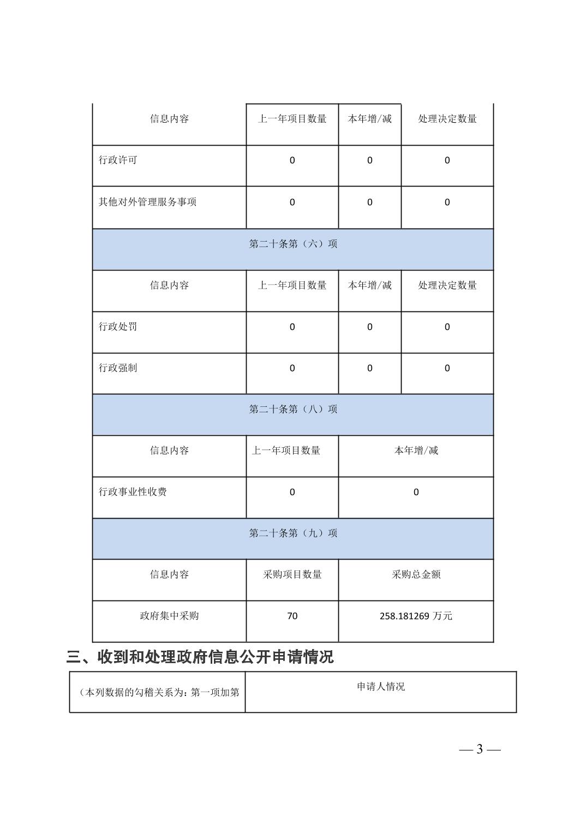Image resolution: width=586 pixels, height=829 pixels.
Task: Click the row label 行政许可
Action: (118, 160)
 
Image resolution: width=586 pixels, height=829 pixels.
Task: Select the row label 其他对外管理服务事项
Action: (147, 202)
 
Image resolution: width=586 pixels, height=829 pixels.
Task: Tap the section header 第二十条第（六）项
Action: (293, 244)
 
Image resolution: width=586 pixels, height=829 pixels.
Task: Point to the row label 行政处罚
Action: (118, 327)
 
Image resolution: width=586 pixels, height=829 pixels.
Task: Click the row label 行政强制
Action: (118, 368)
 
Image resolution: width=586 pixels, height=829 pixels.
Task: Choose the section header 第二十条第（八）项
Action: (293, 409)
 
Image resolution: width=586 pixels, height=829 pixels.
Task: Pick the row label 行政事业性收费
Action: (133, 492)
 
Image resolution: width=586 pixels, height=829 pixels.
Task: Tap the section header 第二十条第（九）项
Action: (293, 533)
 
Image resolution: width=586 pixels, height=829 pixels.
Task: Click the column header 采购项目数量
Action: (292, 574)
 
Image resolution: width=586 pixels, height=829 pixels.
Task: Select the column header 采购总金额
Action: (416, 574)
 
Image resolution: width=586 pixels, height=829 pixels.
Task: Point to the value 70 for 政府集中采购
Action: (292, 616)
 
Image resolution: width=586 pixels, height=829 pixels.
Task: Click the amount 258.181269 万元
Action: (416, 616)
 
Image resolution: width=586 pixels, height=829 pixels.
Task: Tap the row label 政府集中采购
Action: (169, 616)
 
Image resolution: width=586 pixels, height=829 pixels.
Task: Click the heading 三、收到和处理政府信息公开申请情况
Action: (200, 657)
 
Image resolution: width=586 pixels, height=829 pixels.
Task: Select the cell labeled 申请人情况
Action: (381, 687)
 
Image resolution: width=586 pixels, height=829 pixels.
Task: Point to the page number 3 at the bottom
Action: (480, 749)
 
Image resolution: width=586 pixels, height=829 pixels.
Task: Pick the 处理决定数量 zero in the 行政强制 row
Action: (447, 368)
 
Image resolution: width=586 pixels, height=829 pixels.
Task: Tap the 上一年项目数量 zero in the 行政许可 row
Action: (292, 160)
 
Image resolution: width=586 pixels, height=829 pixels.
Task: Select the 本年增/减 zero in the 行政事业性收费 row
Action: (416, 492)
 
